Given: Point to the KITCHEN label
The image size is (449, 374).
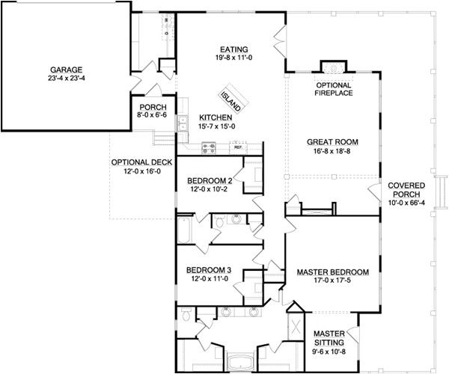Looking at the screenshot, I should (x=215, y=118).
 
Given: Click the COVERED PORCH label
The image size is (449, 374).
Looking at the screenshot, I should (x=407, y=190).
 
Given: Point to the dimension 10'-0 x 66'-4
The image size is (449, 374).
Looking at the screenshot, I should (x=407, y=200).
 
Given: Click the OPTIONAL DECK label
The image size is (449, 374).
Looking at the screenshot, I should (x=138, y=162).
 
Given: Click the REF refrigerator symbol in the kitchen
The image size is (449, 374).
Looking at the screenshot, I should (x=239, y=147).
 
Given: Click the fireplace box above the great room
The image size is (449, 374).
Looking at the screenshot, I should (x=329, y=67).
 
